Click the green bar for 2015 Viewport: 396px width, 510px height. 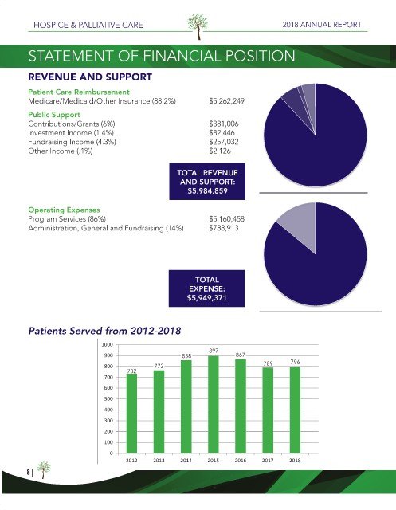214,404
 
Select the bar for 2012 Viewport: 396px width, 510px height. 131,414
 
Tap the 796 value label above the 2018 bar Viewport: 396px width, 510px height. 295,362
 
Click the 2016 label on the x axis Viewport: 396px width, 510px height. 241,461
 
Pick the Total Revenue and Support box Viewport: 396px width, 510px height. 207,182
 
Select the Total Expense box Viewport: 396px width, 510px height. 207,288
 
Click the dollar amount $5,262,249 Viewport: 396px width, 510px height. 226,101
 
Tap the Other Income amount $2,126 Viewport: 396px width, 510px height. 220,151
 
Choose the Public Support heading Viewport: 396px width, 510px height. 54,115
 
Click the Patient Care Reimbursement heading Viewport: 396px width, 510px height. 79,92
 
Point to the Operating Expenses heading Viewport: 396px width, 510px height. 64,210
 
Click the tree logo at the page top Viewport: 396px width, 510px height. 198,26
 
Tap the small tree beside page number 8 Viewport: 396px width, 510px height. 44,469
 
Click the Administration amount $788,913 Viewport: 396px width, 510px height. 224,228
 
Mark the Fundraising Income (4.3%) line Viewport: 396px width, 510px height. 72,142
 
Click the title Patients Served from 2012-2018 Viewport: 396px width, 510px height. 104,331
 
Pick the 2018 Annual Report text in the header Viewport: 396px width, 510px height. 322,25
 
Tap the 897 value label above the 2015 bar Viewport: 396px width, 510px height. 214,351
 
